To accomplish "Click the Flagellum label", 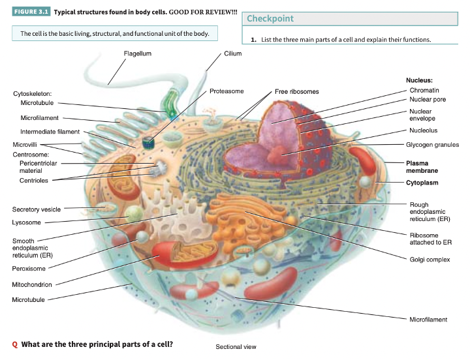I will (x=137, y=53).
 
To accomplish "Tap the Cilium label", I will (x=232, y=53).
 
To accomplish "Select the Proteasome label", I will (x=227, y=91).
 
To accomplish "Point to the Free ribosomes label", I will (x=296, y=92).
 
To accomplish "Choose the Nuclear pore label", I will (x=428, y=100).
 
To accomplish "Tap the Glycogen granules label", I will (x=432, y=145).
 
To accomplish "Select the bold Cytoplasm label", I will (x=422, y=183).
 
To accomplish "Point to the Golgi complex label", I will (x=430, y=260).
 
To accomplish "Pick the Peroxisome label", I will (x=29, y=269).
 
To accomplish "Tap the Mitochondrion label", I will (x=32, y=285).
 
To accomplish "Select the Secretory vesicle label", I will (x=37, y=210).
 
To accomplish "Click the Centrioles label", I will (x=34, y=181).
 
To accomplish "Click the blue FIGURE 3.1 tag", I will (x=31, y=12).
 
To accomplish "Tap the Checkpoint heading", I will (x=270, y=19).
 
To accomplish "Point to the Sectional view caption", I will (x=236, y=347).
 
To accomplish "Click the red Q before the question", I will (x=15, y=344).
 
